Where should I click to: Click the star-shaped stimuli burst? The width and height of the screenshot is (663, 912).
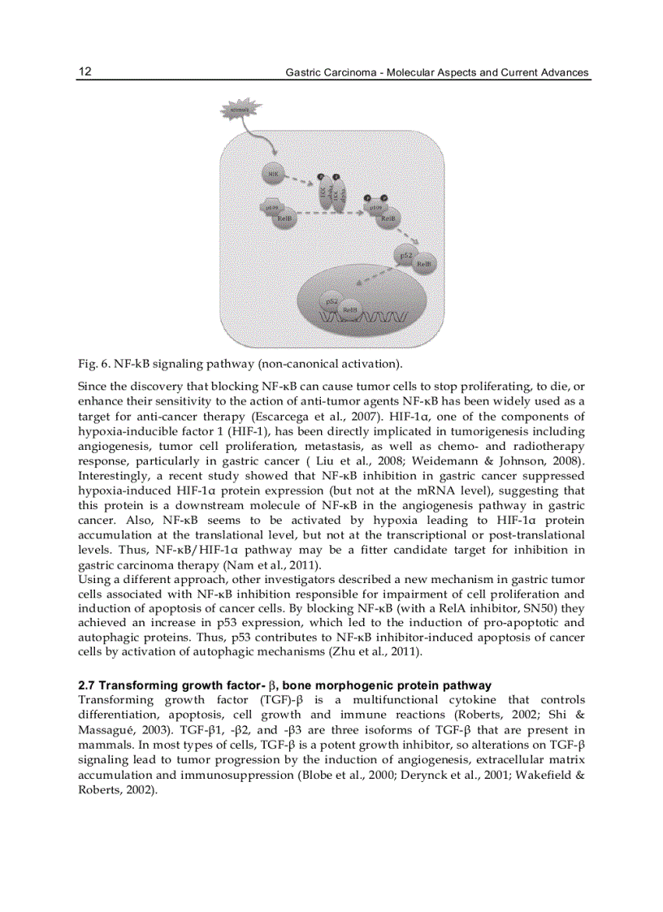pos(240,110)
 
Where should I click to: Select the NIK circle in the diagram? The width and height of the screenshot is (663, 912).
pos(273,173)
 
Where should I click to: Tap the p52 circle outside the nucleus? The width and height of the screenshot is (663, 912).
pos(407,255)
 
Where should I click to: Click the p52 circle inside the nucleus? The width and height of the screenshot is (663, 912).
pos(332,301)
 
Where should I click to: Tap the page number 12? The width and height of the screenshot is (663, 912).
pos(84,71)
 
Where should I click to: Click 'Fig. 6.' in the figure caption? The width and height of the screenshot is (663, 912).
pos(92,362)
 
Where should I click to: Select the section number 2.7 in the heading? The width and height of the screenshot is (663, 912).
pos(86,685)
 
